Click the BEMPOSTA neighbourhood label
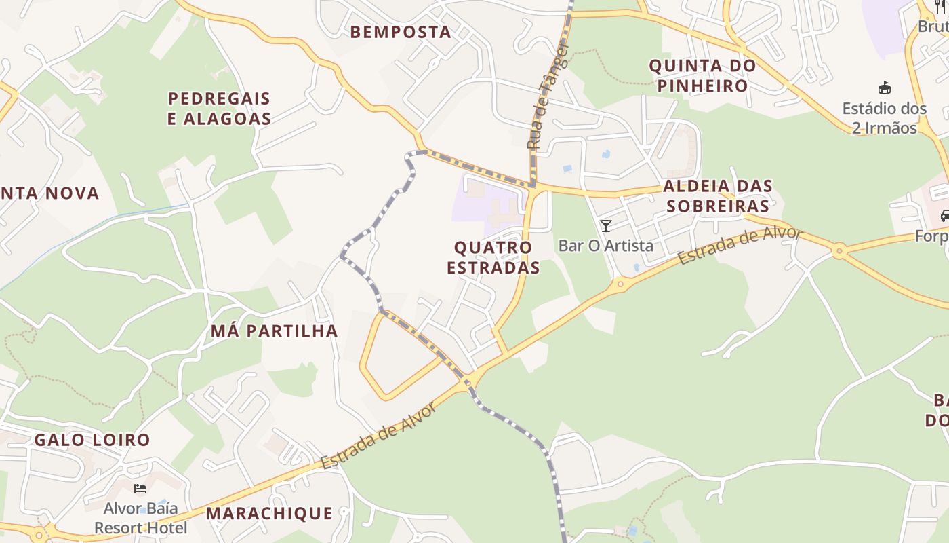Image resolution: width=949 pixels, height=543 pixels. (x=400, y=32)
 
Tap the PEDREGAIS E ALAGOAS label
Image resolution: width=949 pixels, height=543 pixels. (x=219, y=109)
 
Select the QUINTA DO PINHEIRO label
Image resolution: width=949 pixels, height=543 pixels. (x=702, y=76)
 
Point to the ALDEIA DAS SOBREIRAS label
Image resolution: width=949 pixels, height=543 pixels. (x=717, y=196)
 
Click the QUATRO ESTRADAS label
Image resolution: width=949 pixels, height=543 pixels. (x=493, y=257)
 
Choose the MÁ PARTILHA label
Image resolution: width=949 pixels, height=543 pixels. (x=274, y=331)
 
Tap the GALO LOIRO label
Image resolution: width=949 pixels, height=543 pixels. (x=92, y=440)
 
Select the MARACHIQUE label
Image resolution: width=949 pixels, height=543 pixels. (x=269, y=513)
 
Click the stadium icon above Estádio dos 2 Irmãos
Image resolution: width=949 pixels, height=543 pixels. (x=884, y=88)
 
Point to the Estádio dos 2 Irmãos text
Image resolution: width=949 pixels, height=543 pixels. (x=884, y=118)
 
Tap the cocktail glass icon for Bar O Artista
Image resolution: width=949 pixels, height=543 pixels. (x=606, y=226)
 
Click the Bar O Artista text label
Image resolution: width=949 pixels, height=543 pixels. (x=605, y=246)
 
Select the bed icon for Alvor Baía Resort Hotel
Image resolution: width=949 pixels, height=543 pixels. (x=140, y=489)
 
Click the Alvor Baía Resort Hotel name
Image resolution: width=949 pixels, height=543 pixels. (x=140, y=518)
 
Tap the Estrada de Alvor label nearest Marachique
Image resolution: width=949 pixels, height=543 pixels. (x=379, y=435)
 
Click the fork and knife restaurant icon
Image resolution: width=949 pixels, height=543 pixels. (x=940, y=7)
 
